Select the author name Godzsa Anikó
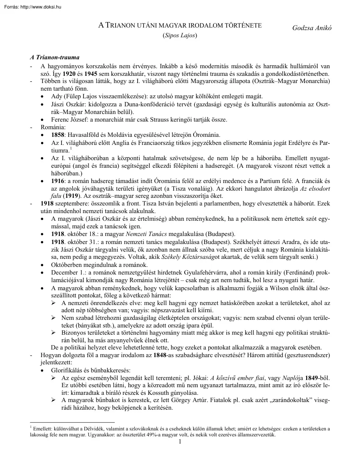pyautogui.click(x=312, y=28)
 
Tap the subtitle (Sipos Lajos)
pyautogui.click(x=180, y=36)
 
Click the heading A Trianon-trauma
pyautogui.click(x=55, y=58)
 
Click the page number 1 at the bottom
pyautogui.click(x=180, y=443)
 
